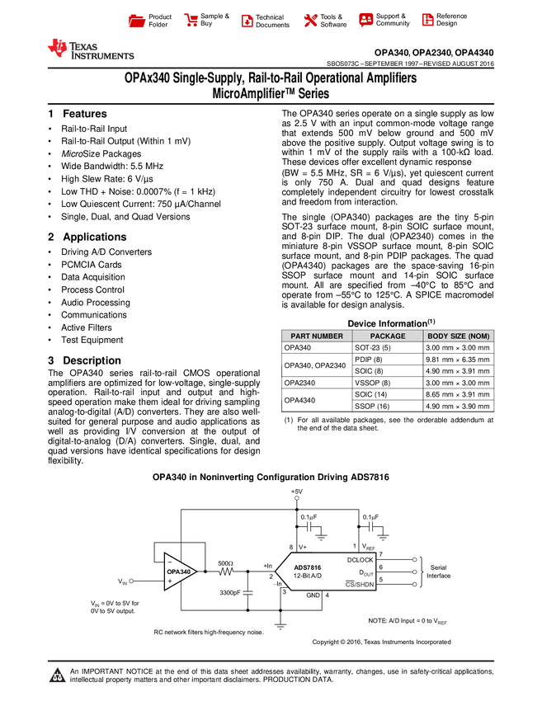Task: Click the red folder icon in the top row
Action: [137, 21]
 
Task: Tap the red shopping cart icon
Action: [191, 21]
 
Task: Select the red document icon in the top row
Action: [247, 21]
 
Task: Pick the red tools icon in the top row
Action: [310, 21]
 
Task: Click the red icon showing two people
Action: [366, 19]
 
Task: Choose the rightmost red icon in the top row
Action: [427, 20]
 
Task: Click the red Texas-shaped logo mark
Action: [57, 48]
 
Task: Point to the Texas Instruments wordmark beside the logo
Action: [101, 50]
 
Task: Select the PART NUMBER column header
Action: [317, 336]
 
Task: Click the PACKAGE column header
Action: [388, 336]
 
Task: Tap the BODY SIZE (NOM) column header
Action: [459, 336]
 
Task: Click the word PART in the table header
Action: [300, 336]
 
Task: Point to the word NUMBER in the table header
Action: [328, 336]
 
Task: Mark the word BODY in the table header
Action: [438, 336]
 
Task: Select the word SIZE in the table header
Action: [459, 336]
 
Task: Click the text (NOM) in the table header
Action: [479, 336]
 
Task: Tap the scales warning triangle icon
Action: [57, 675]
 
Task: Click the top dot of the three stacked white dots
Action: [415, 559]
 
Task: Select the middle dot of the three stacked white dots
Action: [415, 572]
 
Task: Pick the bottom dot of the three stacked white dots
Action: [415, 584]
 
